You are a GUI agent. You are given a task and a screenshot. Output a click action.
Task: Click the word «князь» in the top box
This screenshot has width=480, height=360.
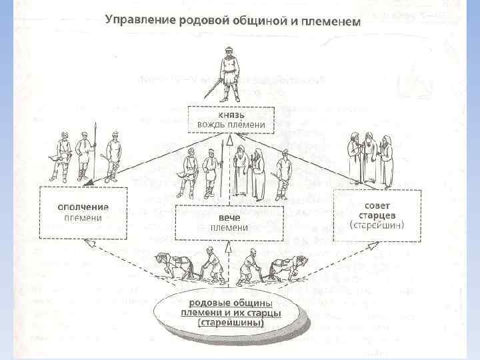tap(230, 114)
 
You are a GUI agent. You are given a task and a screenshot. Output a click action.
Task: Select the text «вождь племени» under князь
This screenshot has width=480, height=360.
tap(230, 125)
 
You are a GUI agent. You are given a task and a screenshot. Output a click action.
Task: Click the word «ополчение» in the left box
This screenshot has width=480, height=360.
tap(83, 206)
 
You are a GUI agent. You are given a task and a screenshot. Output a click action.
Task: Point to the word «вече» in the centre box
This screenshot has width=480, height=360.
tap(229, 217)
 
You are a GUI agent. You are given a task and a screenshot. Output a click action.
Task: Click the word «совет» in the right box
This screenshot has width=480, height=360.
tap(377, 203)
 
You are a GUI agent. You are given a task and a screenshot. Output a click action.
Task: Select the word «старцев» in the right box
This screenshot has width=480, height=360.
tap(377, 215)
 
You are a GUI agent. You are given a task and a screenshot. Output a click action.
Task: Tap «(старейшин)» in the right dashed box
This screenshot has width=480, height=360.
tap(377, 225)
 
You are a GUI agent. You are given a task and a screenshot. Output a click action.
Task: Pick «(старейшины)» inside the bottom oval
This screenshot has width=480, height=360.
tap(230, 323)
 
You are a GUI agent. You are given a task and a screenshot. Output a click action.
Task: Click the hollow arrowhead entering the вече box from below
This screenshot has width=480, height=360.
tap(228, 246)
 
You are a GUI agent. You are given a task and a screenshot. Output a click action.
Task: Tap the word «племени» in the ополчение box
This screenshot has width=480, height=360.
tap(83, 217)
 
